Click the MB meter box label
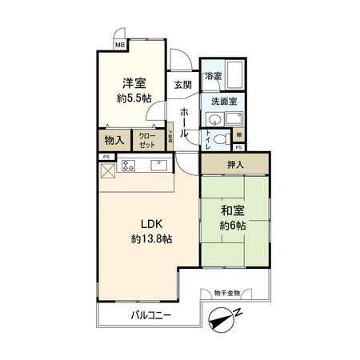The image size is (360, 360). (x=119, y=46)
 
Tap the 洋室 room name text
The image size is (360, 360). (x=134, y=83)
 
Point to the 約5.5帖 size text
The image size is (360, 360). (x=133, y=99)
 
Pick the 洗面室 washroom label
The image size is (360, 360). (x=222, y=102)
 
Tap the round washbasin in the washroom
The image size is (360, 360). (x=213, y=119)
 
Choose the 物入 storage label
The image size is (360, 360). (x=114, y=139)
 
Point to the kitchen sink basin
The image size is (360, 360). (x=155, y=166)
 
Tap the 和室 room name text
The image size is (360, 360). (x=234, y=211)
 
